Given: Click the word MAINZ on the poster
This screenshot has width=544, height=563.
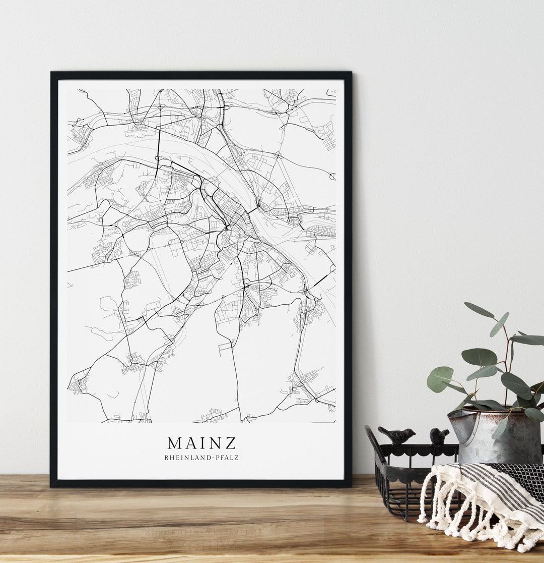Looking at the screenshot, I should click(x=201, y=442).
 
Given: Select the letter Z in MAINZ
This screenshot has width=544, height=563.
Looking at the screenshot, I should click(x=230, y=442).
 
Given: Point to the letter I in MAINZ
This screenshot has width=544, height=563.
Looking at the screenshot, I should click(x=205, y=442).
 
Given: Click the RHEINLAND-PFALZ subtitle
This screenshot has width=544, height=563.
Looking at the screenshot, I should click(x=201, y=458).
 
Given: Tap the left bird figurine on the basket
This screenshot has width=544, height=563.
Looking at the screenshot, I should click(x=397, y=435).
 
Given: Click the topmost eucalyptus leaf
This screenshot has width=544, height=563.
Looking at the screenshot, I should click(x=479, y=310).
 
